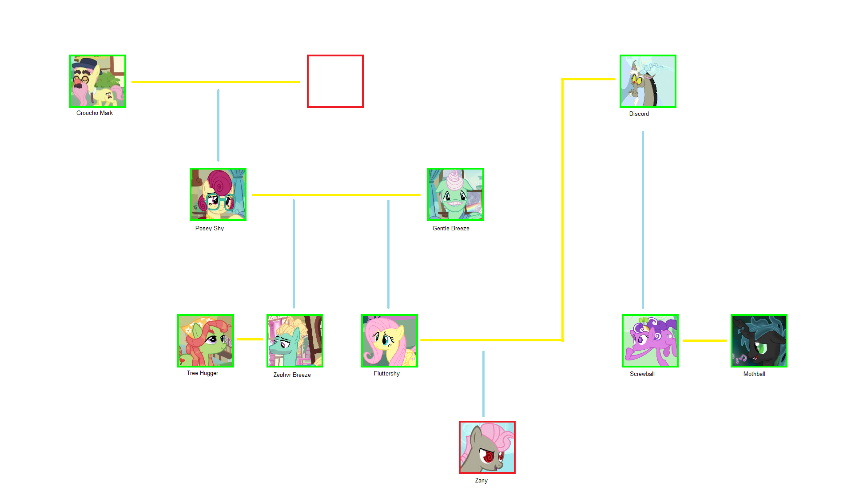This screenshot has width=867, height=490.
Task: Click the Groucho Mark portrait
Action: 98,81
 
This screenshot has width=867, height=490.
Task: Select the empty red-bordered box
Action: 335,81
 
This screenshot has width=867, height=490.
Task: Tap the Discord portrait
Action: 648,81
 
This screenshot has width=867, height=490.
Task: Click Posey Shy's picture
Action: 218,194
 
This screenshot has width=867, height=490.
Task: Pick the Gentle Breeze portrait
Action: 456,194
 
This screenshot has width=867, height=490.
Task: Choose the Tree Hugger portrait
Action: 206,340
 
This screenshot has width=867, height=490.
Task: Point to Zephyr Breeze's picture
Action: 295,341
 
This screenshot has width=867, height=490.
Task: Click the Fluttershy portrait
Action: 390,341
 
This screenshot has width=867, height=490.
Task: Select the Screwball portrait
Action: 650,341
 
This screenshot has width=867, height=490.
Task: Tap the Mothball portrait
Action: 759,341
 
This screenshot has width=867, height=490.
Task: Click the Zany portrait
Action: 487,447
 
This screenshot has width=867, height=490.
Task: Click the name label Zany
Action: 481,480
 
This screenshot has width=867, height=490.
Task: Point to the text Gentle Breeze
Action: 451,228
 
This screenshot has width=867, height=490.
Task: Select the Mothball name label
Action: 754,374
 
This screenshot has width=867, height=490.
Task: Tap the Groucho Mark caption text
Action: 95,113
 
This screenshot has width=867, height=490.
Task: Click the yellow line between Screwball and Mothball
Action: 705,340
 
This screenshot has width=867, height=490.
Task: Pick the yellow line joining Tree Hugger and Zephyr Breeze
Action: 250,339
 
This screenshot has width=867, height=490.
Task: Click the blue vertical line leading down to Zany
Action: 483,384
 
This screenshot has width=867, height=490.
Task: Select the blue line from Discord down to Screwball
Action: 643,220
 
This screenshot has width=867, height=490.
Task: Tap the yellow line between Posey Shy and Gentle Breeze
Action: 336,195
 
